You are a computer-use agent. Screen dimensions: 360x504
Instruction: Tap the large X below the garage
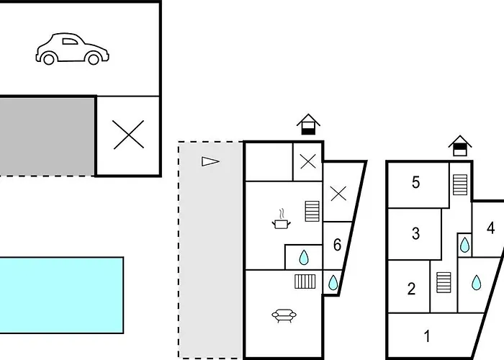click(128, 135)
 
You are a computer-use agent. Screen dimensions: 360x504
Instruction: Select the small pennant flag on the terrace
click(210, 161)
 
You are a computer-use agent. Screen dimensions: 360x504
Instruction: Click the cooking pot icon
click(281, 220)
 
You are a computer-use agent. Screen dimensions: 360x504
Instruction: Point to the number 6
click(337, 245)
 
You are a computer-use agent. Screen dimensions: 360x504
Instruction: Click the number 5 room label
click(416, 183)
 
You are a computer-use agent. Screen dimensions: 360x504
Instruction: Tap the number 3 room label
click(415, 234)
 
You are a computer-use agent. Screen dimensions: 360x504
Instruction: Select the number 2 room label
click(411, 289)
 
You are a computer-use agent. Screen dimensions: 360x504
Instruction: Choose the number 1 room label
click(427, 336)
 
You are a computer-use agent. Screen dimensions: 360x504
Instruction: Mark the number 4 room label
click(491, 229)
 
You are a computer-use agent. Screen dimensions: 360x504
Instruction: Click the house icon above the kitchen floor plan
click(308, 125)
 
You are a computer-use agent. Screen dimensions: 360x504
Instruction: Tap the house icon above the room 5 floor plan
click(459, 145)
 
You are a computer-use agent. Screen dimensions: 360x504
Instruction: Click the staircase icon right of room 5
click(459, 184)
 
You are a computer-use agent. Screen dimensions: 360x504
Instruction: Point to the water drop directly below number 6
click(333, 283)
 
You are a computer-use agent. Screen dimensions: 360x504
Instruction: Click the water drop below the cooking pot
click(304, 257)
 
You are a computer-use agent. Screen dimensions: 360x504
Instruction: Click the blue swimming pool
click(61, 294)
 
